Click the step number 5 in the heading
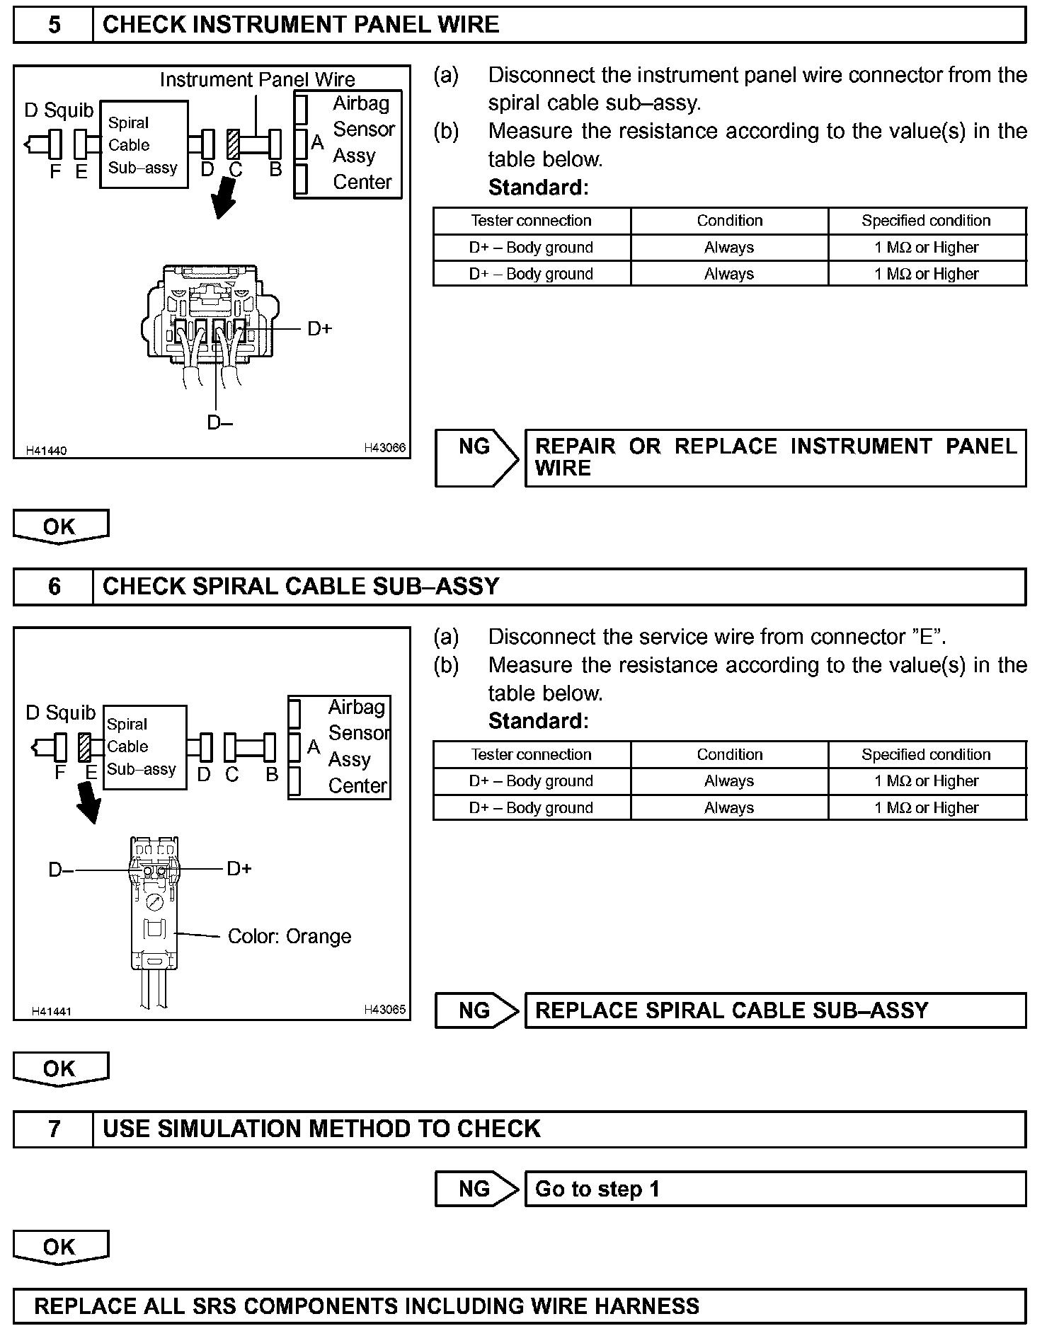[x=54, y=25]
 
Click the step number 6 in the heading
[x=54, y=587]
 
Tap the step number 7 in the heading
[x=54, y=1129]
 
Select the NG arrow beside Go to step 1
[x=476, y=1189]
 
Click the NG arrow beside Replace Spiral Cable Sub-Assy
[x=476, y=1010]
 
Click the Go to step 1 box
[x=774, y=1189]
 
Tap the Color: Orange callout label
[x=289, y=937]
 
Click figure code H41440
[x=46, y=451]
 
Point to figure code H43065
[x=384, y=1010]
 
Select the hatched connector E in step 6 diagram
[x=85, y=747]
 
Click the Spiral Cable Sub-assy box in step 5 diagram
[x=144, y=145]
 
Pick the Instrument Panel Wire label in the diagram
[x=257, y=79]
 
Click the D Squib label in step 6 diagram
[x=60, y=713]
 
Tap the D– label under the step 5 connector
[x=219, y=422]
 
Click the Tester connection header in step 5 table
[x=531, y=221]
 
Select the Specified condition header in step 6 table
[x=926, y=754]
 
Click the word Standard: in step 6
[x=538, y=721]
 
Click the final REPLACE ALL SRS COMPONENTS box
[x=520, y=1305]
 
